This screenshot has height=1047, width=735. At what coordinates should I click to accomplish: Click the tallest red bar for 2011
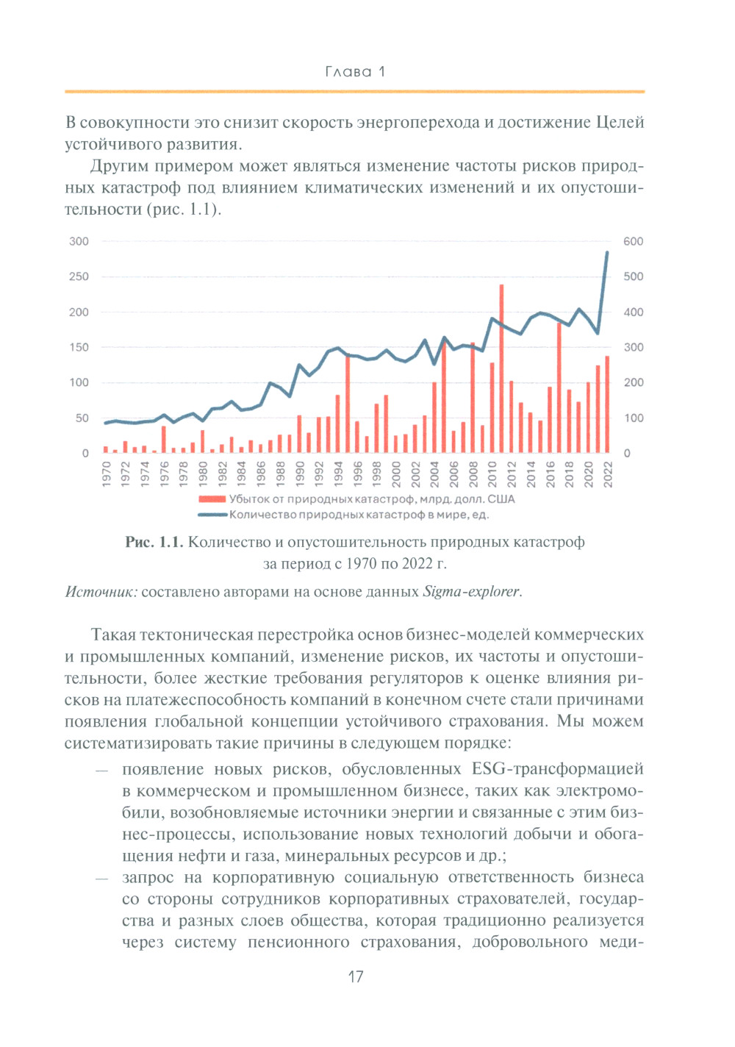pyautogui.click(x=501, y=368)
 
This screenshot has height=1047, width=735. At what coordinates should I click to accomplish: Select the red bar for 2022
pyautogui.click(x=607, y=404)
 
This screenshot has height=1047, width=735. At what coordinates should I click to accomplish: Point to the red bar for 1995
pyautogui.click(x=348, y=404)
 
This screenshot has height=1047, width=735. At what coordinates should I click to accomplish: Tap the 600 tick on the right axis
pyautogui.click(x=633, y=241)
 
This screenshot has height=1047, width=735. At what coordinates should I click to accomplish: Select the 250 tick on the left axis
pyautogui.click(x=79, y=276)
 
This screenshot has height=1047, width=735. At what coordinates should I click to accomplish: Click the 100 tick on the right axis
pyautogui.click(x=633, y=418)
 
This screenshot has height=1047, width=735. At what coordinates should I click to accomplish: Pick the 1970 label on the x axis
pyautogui.click(x=106, y=474)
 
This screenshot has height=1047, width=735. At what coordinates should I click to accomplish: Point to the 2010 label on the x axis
pyautogui.click(x=492, y=474)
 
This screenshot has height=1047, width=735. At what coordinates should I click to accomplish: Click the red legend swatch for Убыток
pyautogui.click(x=212, y=499)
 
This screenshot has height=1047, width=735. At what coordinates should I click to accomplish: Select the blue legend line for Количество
pyautogui.click(x=212, y=515)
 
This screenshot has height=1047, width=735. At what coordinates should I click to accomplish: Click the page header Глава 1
pyautogui.click(x=355, y=71)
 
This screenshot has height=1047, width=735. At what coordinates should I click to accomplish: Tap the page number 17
pyautogui.click(x=356, y=976)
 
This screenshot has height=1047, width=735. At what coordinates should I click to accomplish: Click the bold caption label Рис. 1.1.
pyautogui.click(x=154, y=542)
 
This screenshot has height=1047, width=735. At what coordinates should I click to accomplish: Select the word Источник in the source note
pyautogui.click(x=101, y=591)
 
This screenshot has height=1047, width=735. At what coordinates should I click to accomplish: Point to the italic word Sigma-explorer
pyautogui.click(x=471, y=591)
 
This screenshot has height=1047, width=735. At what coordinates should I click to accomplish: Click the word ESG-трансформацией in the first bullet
pyautogui.click(x=557, y=769)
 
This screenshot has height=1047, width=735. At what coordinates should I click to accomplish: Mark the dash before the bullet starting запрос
pyautogui.click(x=101, y=878)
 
